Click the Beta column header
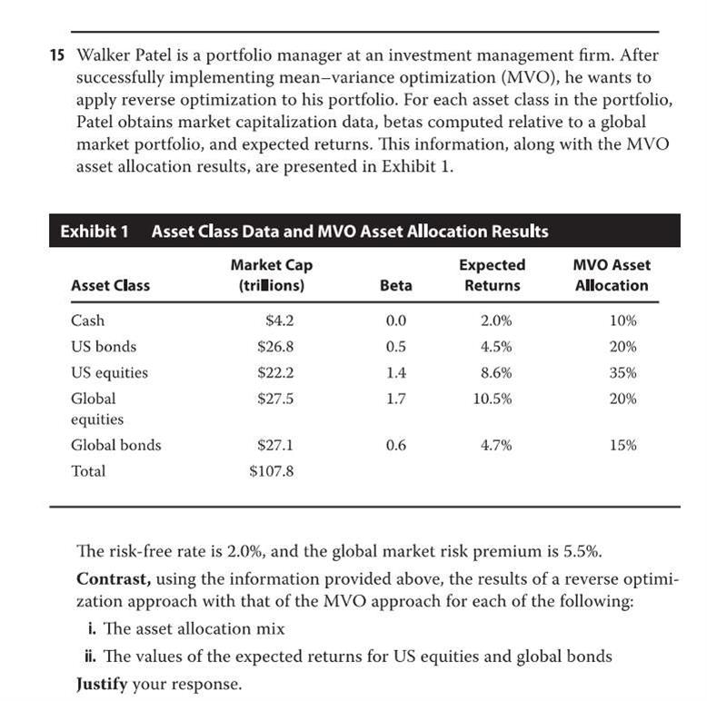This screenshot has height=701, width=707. [395, 285]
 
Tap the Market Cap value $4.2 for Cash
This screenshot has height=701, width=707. [280, 321]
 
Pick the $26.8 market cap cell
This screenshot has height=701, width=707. [276, 347]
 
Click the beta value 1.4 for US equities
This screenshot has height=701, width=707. [396, 372]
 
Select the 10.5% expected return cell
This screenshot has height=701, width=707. [493, 399]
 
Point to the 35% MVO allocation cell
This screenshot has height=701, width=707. [623, 372]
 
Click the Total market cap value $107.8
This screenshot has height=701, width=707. [272, 471]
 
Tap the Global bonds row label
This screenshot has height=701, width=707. [115, 445]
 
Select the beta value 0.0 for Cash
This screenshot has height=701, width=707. [396, 321]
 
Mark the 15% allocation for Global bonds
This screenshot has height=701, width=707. [623, 445]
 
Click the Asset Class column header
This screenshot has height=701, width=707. [110, 285]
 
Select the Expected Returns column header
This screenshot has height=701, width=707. [493, 275]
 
